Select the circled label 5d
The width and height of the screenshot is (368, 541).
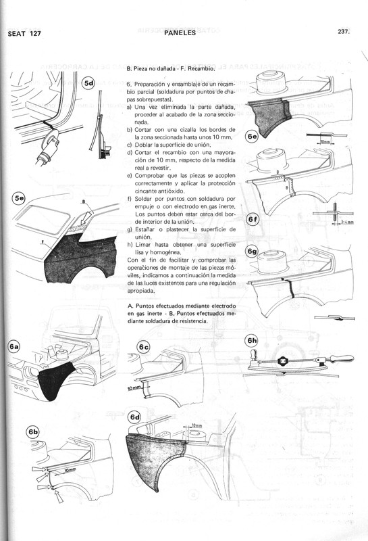[89, 84]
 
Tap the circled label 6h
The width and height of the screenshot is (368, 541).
[252, 341]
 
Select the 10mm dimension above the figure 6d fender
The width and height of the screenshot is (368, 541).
[196, 425]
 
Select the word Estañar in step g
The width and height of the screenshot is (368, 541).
[148, 230]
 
